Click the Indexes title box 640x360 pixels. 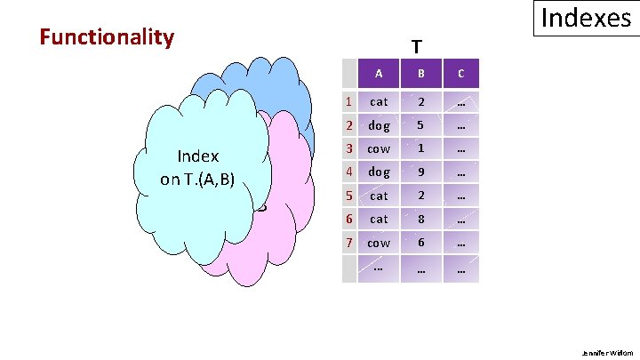586,19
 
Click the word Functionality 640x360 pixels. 107,37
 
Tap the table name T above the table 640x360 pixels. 416,46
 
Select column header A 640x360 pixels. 379,73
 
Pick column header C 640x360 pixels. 460,73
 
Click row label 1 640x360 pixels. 350,103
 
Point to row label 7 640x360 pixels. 350,243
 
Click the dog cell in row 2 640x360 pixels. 379,126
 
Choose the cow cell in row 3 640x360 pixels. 379,149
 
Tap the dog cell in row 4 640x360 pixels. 379,172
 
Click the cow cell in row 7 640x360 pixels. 379,243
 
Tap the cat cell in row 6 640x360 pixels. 379,219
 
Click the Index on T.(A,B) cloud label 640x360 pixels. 197,167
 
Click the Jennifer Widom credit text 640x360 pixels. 607,352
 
